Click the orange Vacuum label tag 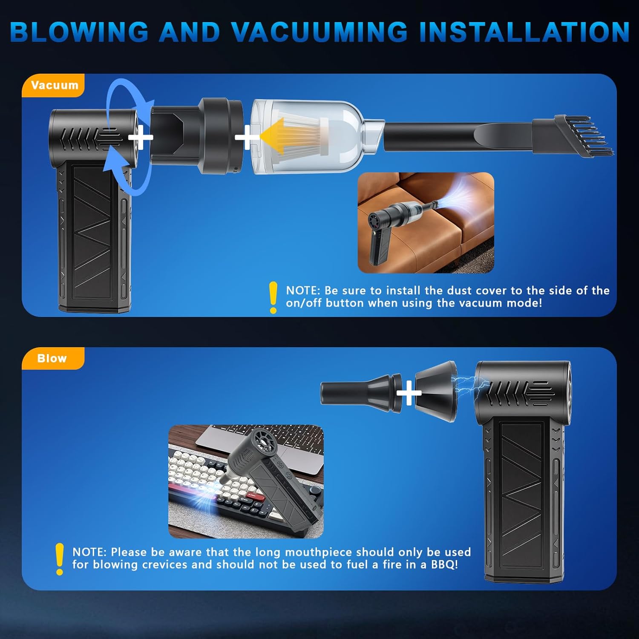pos(54,85)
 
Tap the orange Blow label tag pos(52,358)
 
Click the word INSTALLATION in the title pos(524,32)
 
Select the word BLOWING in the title pos(79,32)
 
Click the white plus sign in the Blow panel pos(409,393)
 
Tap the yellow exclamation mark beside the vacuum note pos(273,297)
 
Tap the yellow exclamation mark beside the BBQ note pos(60,558)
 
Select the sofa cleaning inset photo pos(426,222)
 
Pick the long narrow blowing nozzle pos(360,393)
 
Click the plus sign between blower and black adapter pos(140,137)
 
